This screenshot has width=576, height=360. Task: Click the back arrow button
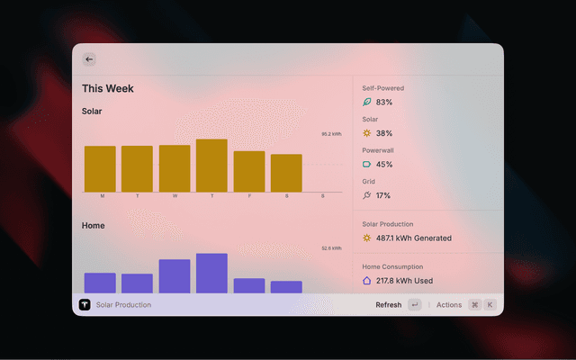[89, 59]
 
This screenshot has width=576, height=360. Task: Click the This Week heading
[108, 88]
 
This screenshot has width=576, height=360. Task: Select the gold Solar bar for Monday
[100, 168]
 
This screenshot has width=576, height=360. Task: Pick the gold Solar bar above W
[175, 167]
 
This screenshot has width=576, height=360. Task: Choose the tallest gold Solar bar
[211, 165]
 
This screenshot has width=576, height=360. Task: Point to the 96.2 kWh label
[331, 134]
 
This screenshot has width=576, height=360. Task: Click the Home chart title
[94, 226]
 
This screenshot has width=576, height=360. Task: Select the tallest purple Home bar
[211, 273]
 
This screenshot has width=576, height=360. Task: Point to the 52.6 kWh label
[331, 248]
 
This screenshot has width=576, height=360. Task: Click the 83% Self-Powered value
[384, 103]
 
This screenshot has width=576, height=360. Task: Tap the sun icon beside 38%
[366, 133]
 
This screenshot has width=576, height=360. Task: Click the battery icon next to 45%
[366, 165]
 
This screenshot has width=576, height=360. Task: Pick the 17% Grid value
[383, 195]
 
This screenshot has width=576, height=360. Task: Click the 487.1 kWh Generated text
[414, 238]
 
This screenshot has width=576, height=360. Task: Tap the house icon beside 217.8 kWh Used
[366, 281]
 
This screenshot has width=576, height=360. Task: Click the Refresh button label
[389, 305]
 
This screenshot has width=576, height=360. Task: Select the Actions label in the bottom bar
[449, 305]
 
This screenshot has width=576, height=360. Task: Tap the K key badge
[490, 305]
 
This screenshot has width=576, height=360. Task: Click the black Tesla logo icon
[85, 305]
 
